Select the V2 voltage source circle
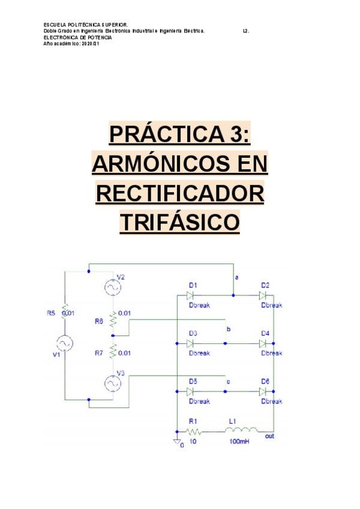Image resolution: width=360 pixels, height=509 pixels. (x=112, y=288)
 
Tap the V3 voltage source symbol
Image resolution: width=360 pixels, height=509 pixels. (x=112, y=382)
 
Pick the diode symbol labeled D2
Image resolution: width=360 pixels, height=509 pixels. (x=263, y=295)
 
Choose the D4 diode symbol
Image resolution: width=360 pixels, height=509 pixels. (x=263, y=343)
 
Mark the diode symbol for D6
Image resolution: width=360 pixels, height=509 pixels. (x=263, y=391)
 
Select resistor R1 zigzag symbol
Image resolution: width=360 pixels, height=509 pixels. (x=193, y=431)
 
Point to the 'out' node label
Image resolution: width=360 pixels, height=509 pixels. (x=269, y=436)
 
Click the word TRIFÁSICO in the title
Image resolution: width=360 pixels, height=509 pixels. (x=180, y=223)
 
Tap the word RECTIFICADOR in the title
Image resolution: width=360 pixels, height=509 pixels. (x=180, y=193)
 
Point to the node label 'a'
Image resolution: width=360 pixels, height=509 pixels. (x=236, y=277)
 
